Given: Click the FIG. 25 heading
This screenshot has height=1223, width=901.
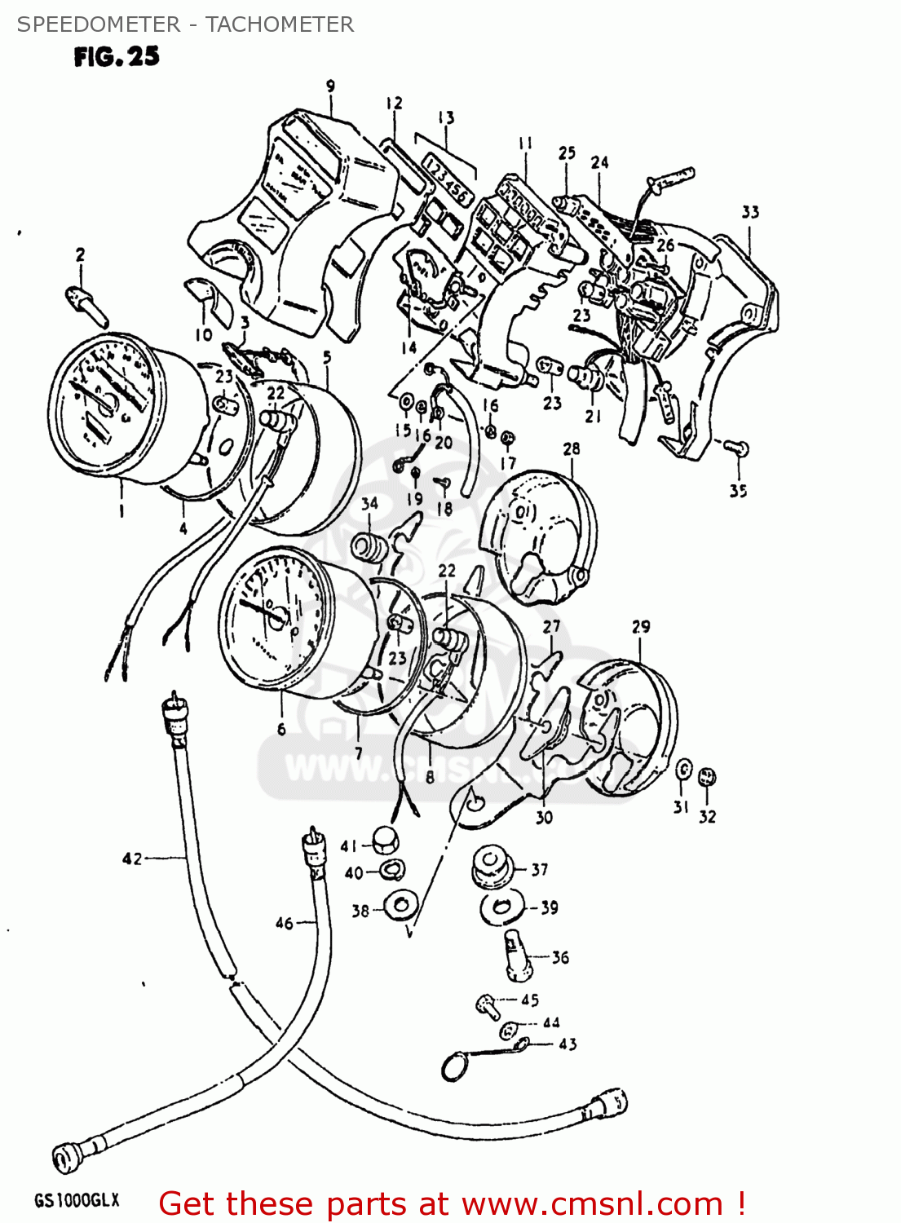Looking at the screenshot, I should pos(117,56).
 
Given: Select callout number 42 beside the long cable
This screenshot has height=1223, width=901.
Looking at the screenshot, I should pos(132,859).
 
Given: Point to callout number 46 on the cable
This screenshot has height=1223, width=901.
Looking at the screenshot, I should pos(284,923).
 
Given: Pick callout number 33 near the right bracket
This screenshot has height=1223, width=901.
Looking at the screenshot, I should pos(750,212).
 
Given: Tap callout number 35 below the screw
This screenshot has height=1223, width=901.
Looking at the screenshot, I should pos(738,491).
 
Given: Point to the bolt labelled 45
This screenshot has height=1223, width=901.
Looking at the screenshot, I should pos(488,1005).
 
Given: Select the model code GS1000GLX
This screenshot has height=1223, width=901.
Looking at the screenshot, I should pos(77,1200).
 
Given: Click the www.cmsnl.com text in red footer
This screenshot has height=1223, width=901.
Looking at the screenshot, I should pos(594,1203).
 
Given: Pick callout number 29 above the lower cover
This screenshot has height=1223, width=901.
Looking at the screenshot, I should pos(641,627).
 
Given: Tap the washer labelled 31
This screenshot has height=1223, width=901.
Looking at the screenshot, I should pos(684,770).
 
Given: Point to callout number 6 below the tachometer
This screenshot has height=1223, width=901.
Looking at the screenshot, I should pos(281,729).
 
